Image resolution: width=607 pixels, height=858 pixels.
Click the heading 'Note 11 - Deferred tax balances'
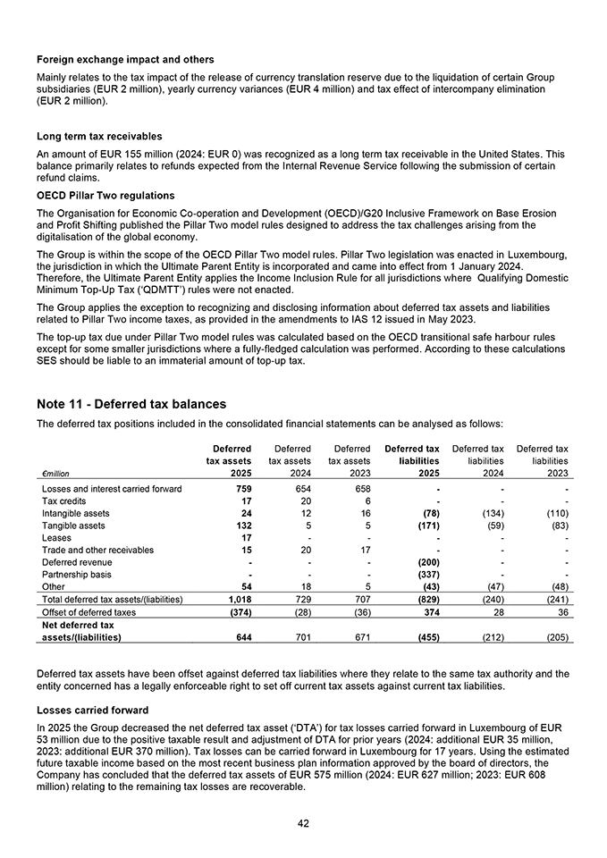(x=131, y=404)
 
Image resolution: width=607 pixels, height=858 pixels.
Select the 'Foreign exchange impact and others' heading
(x=125, y=59)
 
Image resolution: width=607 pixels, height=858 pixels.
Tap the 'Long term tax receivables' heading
(x=99, y=137)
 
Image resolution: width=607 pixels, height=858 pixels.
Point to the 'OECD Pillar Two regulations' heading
(x=105, y=195)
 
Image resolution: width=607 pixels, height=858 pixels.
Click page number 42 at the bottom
(x=303, y=823)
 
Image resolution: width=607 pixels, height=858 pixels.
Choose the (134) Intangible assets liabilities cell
(x=489, y=513)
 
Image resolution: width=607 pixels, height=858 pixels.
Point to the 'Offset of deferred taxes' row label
(x=89, y=611)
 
